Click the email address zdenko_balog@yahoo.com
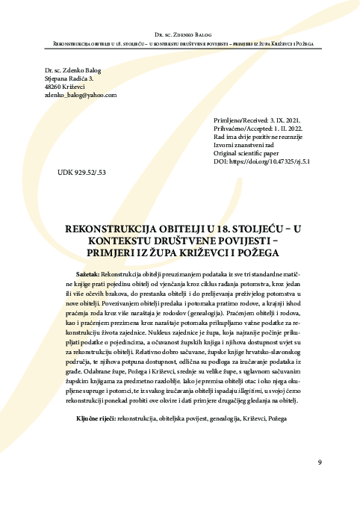coord(81,96)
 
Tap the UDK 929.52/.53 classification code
coord(82,172)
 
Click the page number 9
coord(320,462)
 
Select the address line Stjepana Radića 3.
coord(69,78)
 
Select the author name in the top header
coord(180,35)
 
